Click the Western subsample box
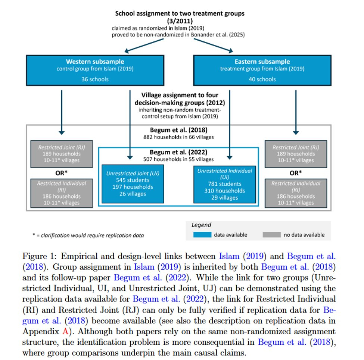point(95,70)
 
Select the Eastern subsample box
point(262,70)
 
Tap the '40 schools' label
point(262,79)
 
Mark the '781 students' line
point(225,184)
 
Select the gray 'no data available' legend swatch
point(272,235)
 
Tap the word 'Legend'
point(201,225)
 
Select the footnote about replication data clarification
point(88,235)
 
